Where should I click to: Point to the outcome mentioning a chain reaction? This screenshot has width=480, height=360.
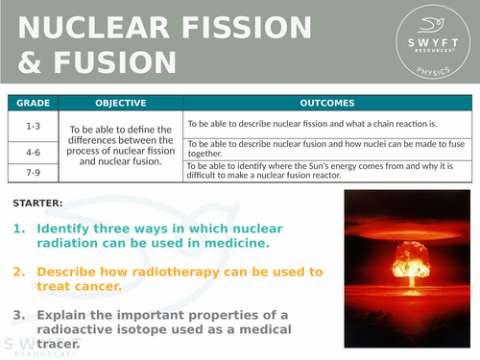pyautogui.click(x=312, y=124)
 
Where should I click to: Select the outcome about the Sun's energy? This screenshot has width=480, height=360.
pyautogui.click(x=326, y=170)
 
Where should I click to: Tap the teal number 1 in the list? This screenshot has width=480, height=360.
pyautogui.click(x=19, y=230)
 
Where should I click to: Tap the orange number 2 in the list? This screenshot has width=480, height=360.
pyautogui.click(x=19, y=272)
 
